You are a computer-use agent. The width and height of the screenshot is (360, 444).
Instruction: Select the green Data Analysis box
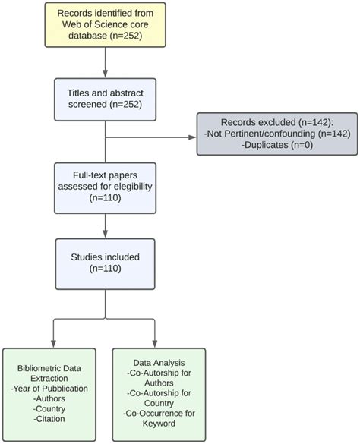click(158, 392)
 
